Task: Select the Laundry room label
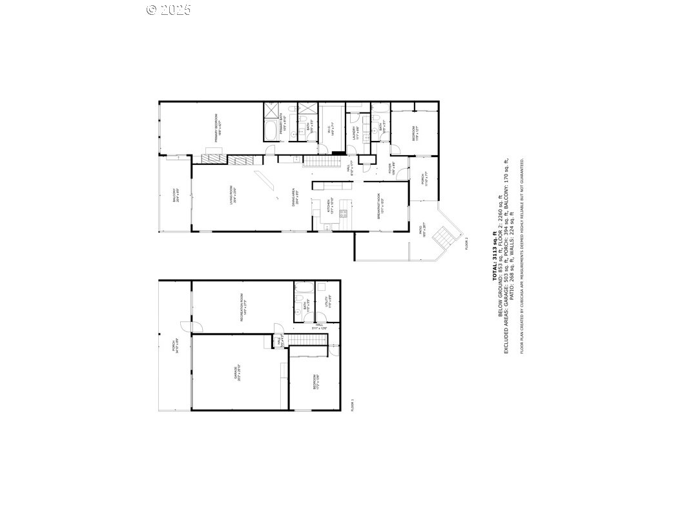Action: (355, 131)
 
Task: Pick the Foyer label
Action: (392, 169)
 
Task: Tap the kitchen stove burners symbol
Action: (344, 212)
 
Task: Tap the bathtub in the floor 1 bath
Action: (304, 288)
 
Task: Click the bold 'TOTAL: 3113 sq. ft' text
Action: (495, 255)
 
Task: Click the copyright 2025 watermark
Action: (169, 9)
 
